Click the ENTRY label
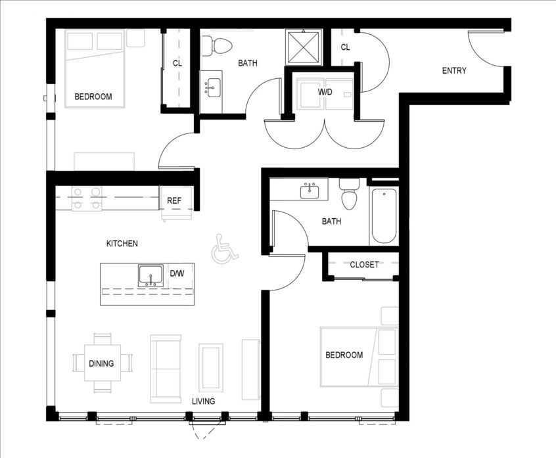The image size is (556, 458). click(x=454, y=70)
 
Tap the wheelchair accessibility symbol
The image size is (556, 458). click(x=225, y=249)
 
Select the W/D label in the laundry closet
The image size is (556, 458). click(x=325, y=92)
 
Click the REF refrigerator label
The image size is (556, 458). click(x=174, y=200)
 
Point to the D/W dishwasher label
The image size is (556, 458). click(x=177, y=273)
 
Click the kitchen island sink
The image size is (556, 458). click(x=151, y=275)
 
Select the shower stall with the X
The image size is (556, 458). click(x=304, y=47)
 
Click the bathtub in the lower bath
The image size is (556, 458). click(x=384, y=216)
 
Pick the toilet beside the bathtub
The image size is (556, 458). click(x=349, y=195)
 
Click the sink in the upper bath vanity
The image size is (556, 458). click(x=211, y=87)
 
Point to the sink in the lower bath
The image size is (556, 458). click(x=310, y=191)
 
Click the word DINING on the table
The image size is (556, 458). click(x=101, y=363)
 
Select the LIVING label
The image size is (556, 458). click(x=203, y=401)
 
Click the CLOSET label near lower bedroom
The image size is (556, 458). click(x=364, y=264)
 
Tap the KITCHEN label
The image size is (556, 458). click(x=122, y=244)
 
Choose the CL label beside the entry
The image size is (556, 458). click(x=346, y=47)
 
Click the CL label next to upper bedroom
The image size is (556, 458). click(x=177, y=64)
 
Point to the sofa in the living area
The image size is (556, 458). click(x=166, y=369)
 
